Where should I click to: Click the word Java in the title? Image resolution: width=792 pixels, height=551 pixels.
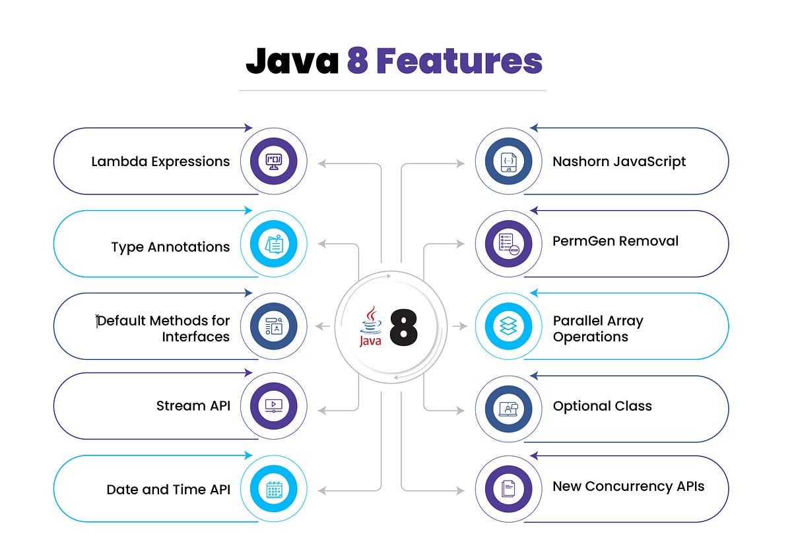(x=292, y=61)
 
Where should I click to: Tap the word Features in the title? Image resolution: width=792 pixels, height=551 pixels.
(x=459, y=61)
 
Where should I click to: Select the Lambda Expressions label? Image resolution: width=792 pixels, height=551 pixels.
(x=160, y=161)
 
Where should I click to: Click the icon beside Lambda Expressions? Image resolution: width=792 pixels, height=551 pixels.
(x=273, y=161)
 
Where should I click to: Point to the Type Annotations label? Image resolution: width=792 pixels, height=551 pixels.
(x=170, y=247)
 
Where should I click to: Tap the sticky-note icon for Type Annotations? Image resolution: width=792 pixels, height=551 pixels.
(x=273, y=244)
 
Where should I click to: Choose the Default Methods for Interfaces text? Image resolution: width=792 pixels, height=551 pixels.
(x=164, y=328)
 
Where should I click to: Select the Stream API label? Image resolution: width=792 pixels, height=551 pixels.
(x=193, y=406)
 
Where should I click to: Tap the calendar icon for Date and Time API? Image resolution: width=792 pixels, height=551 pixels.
(x=273, y=489)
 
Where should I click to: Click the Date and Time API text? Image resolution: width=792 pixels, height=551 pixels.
(x=168, y=490)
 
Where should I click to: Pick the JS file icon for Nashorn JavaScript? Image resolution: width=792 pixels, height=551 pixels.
(x=508, y=161)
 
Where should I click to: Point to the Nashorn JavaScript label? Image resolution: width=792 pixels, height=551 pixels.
(x=619, y=161)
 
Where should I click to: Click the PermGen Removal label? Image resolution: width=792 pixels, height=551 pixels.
(x=615, y=241)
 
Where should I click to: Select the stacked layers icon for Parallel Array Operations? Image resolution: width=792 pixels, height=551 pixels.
(x=508, y=326)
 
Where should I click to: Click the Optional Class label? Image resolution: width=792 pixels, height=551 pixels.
(x=602, y=406)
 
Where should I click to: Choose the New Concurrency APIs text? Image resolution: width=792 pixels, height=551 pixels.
(x=628, y=486)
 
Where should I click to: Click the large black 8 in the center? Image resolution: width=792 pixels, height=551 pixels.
(x=403, y=327)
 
